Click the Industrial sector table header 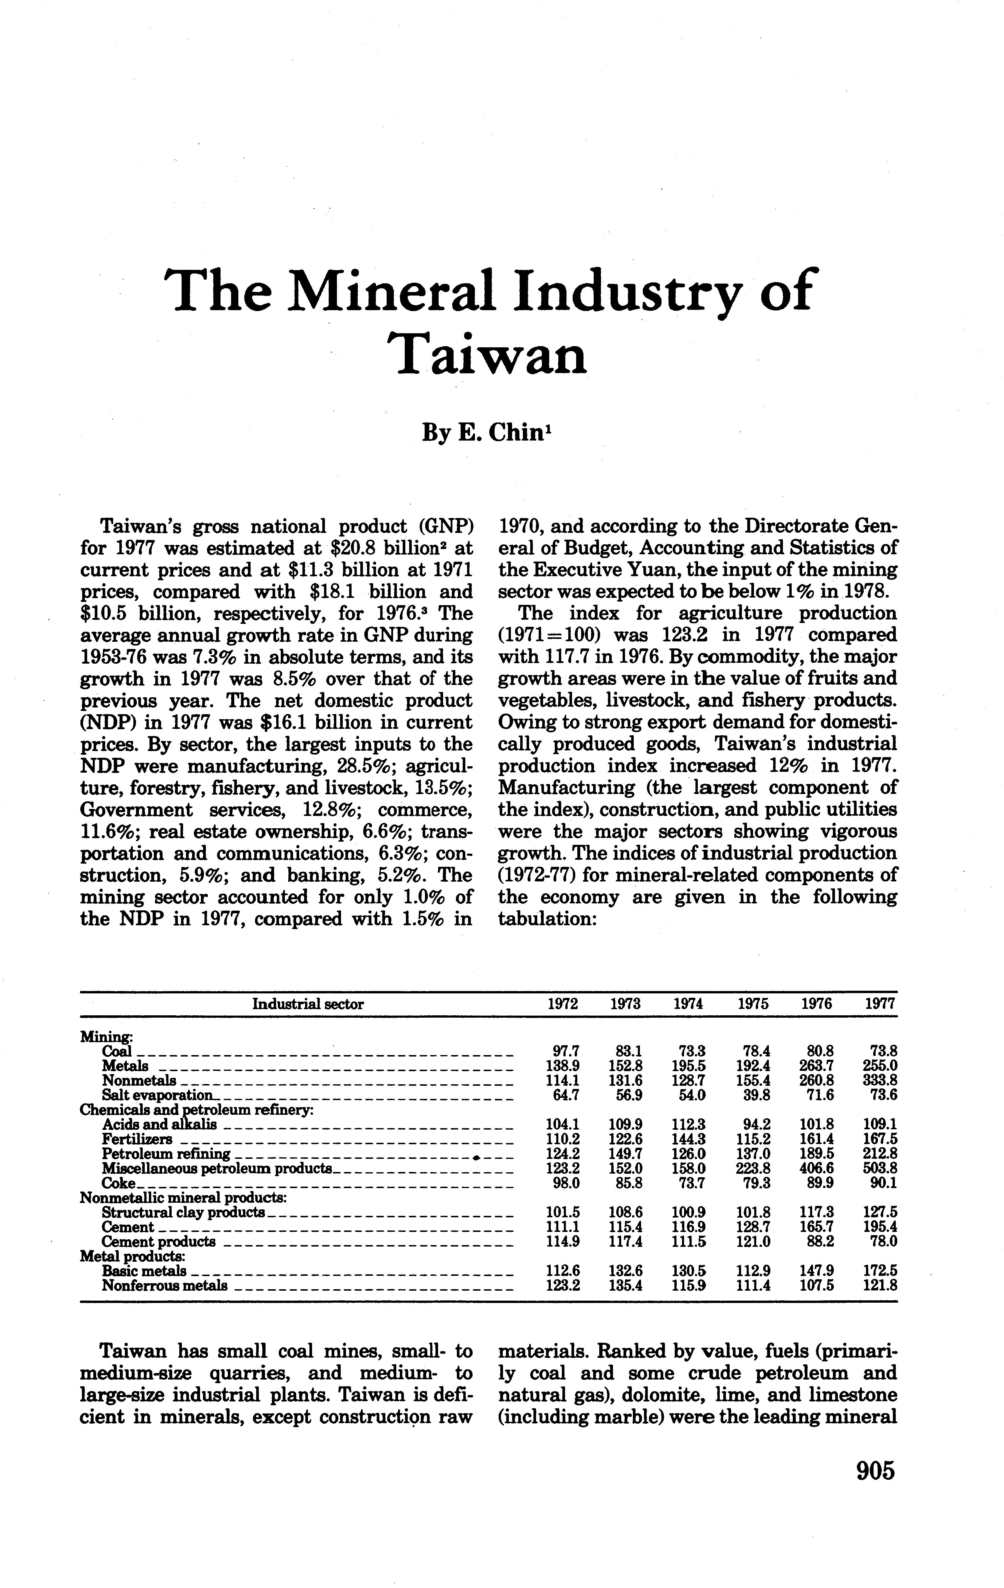click(x=308, y=1004)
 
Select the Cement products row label click(x=158, y=1242)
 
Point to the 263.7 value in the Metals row click(x=817, y=1066)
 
